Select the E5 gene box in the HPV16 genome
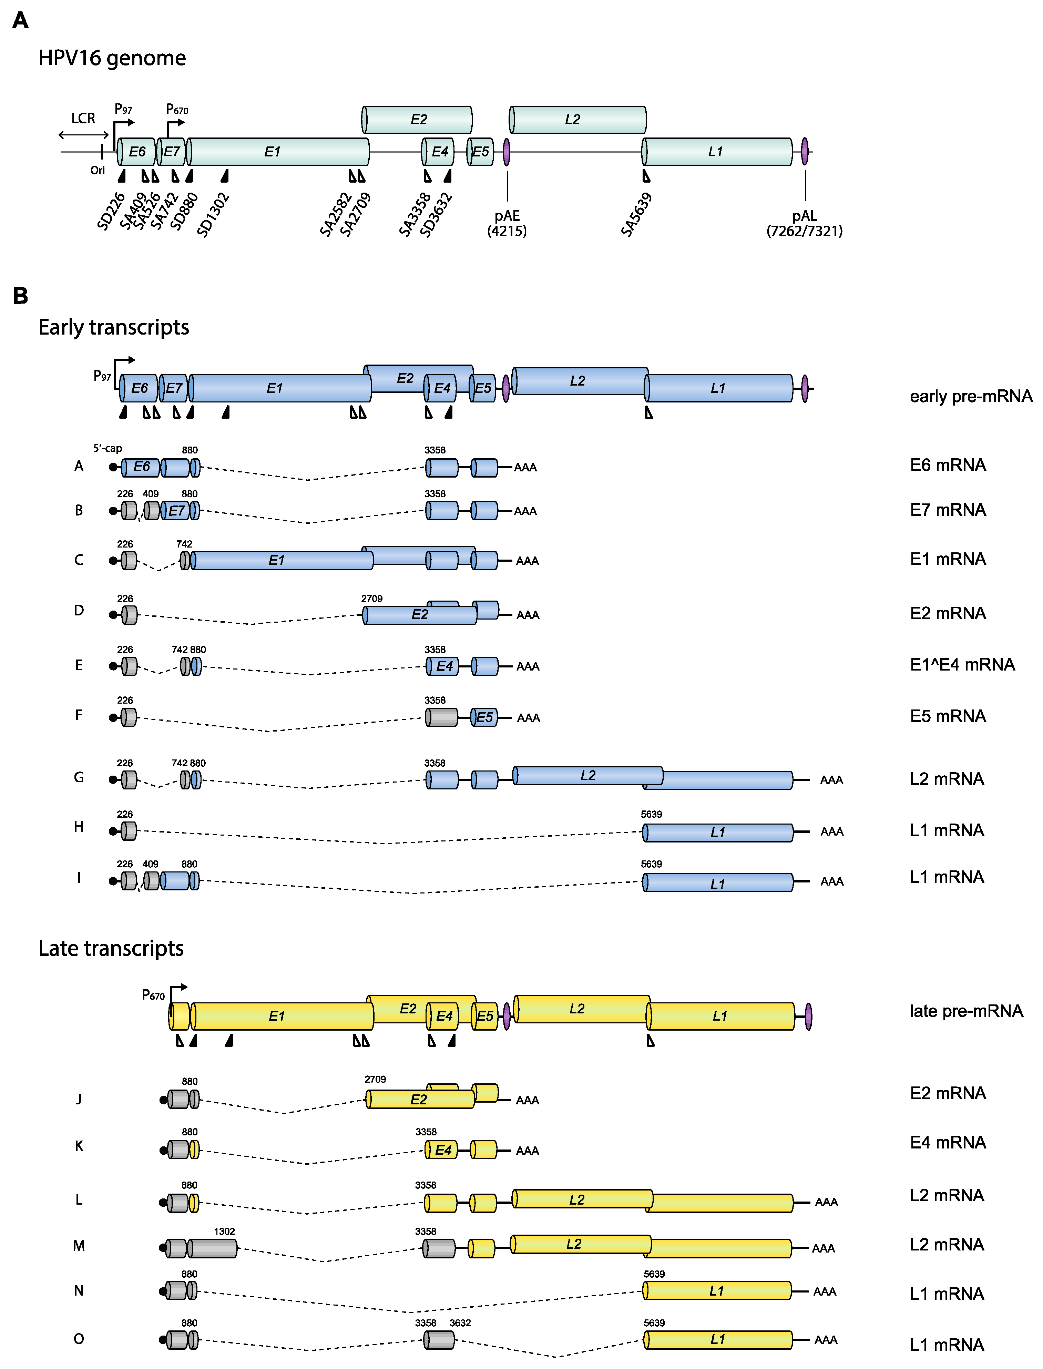click(480, 152)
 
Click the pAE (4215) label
click(507, 224)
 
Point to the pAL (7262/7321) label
click(805, 224)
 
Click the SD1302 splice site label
click(213, 215)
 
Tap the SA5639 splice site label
click(636, 214)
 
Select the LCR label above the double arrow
click(83, 118)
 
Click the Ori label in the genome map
click(98, 170)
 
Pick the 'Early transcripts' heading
click(114, 327)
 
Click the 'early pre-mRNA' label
click(970, 396)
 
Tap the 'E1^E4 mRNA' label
click(962, 665)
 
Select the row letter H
click(79, 827)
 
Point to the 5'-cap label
click(108, 448)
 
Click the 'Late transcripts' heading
click(111, 948)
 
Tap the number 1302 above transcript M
click(224, 1231)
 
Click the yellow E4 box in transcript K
click(443, 1150)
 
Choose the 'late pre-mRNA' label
click(966, 1011)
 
